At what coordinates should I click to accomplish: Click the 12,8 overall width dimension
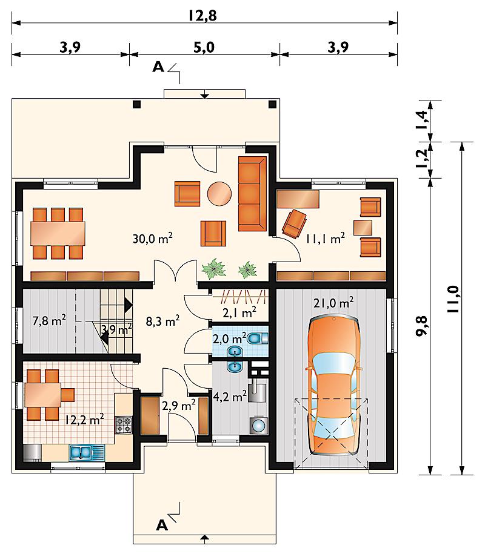(x=202, y=16)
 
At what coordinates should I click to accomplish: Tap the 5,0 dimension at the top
(x=204, y=47)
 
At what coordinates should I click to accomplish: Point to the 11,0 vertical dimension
(x=453, y=298)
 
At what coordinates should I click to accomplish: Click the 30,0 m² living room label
(x=152, y=239)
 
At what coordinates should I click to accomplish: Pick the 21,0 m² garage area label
(x=333, y=303)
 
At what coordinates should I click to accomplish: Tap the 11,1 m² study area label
(x=325, y=239)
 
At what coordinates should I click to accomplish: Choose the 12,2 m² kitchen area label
(x=84, y=420)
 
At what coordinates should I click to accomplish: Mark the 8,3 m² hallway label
(x=162, y=321)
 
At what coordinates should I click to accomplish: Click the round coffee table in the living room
(x=219, y=194)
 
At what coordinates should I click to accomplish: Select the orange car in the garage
(x=334, y=386)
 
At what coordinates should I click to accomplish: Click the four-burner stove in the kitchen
(x=124, y=425)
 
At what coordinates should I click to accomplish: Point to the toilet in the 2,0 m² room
(x=258, y=339)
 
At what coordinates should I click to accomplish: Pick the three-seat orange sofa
(x=252, y=194)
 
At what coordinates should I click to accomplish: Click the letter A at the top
(x=158, y=67)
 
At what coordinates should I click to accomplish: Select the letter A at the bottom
(x=162, y=526)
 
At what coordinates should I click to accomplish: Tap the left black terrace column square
(x=136, y=104)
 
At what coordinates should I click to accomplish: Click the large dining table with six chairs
(x=58, y=233)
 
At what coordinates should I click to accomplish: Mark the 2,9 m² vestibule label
(x=179, y=405)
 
